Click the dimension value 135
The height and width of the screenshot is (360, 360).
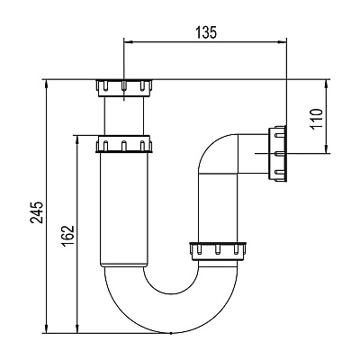coord(206,32)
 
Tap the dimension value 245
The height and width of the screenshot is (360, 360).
coord(37,212)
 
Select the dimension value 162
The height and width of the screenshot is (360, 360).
coord(68,236)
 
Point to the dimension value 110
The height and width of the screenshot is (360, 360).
coord(317,119)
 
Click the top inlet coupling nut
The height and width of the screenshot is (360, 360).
coord(124,88)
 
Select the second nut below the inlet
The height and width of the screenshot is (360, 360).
coord(123,144)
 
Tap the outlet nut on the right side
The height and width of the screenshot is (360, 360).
coord(277,154)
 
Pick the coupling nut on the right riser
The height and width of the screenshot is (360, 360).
coord(218,251)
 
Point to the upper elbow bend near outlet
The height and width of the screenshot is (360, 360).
coord(210,147)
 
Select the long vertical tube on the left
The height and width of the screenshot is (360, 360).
coord(124,210)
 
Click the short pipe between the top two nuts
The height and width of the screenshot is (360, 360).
coord(124,116)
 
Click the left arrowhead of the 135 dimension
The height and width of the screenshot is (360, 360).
coord(128,42)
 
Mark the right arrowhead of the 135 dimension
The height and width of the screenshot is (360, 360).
coord(283,42)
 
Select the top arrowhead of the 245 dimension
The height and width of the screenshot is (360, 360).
coord(47,84)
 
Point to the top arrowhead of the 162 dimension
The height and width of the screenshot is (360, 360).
coord(77,139)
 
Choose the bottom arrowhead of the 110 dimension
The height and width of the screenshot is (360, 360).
coord(326,149)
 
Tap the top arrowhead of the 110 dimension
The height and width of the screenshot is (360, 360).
coord(326,84)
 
